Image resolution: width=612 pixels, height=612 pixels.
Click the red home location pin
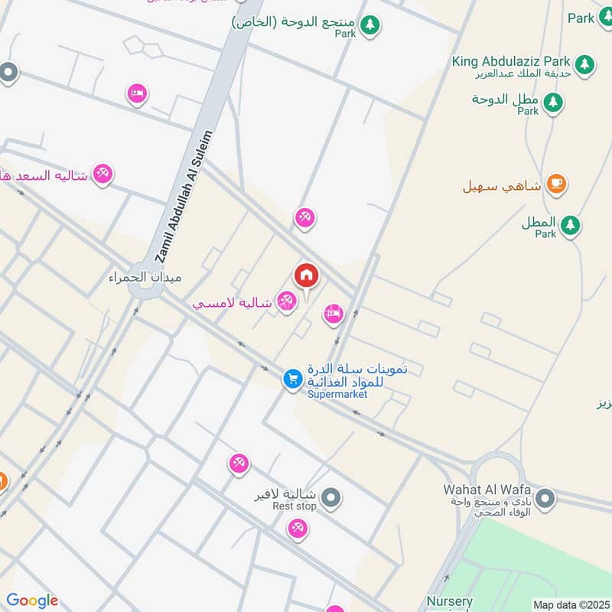pos(307,275)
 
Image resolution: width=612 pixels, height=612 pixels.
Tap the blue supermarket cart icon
pos(292,378)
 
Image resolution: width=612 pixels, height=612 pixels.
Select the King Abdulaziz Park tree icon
pos(585,63)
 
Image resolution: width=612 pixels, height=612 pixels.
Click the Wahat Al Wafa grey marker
pos(545,500)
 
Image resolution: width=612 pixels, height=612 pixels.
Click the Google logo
pos(32,601)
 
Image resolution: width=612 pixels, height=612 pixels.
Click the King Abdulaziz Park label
pos(510,61)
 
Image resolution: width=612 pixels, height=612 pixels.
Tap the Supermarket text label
pos(337,394)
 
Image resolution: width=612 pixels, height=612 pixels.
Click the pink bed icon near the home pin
pos(333,313)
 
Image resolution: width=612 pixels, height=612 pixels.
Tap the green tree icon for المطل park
pos(569,225)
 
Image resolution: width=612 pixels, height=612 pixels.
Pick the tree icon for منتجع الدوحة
pos(370,24)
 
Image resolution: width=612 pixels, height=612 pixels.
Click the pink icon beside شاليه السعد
pos(103,174)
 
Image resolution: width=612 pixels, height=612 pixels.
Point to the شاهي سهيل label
pos(502,185)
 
